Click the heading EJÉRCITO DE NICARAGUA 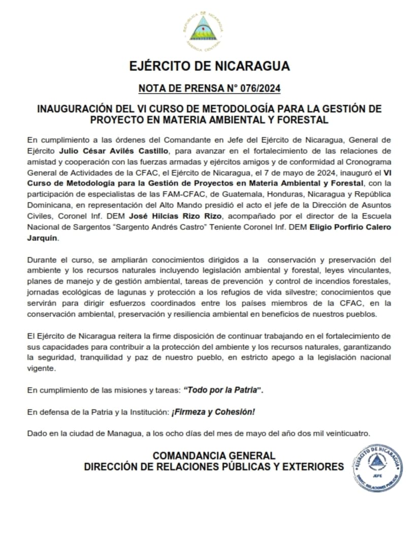209,66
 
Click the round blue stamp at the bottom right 377,467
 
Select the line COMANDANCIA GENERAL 214,456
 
